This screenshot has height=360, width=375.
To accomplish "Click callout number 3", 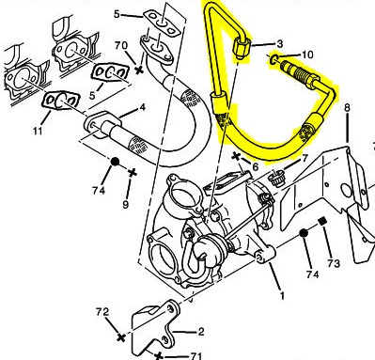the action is [279, 44].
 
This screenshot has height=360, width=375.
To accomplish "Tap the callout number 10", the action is [307, 55].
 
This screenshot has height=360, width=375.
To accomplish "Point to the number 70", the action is [121, 46].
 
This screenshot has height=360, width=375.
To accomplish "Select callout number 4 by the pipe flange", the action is [143, 108].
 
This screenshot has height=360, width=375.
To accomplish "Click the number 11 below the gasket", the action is [38, 131].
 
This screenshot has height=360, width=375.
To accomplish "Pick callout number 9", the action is [125, 205].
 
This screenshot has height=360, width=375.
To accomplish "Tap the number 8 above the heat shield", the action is [347, 107].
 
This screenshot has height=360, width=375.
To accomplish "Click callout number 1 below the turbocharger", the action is [282, 295].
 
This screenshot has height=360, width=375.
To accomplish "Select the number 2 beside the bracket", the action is [200, 332].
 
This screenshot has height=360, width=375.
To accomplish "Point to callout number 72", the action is [102, 312].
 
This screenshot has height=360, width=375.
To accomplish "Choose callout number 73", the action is [333, 263].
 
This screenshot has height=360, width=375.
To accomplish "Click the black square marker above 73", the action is [322, 221].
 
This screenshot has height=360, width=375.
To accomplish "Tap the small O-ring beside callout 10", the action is [273, 58].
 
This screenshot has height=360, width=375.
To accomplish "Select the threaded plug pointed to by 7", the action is [275, 180].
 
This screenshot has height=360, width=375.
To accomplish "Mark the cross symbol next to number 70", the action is [139, 70].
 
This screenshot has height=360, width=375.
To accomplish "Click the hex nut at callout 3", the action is [242, 47].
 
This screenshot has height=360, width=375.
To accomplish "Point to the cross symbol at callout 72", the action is [121, 337].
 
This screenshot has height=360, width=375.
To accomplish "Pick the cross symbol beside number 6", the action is [237, 156].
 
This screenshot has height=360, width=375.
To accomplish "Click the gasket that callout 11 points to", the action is [60, 102].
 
